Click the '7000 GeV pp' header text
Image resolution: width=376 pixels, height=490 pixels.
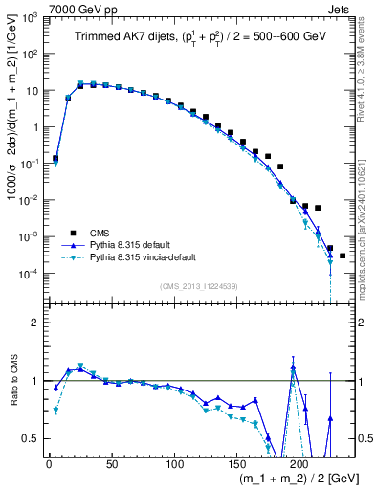77,9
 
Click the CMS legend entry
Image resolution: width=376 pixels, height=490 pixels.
101,232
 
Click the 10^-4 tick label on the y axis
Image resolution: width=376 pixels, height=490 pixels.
29,274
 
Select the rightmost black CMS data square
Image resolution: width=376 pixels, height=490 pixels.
343,256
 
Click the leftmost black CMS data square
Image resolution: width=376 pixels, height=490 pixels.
55,158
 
